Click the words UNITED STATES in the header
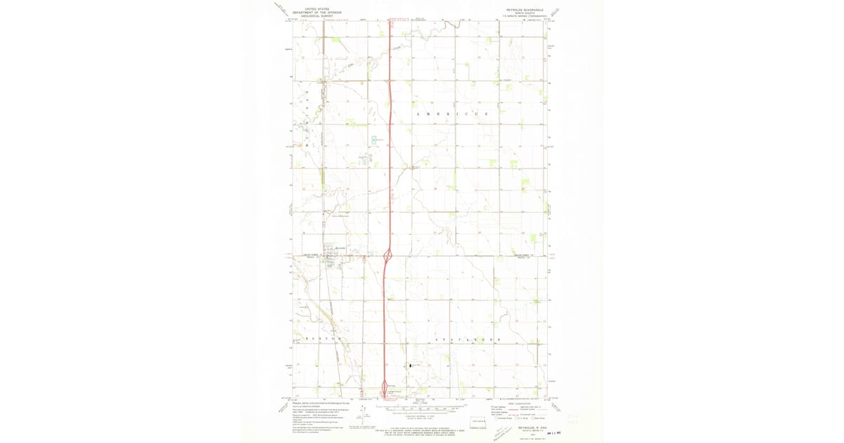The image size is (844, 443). tap(316, 9)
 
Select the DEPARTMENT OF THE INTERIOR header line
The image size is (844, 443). tap(316, 13)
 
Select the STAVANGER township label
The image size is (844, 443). tap(468, 340)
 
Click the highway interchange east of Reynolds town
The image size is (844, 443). tap(388, 257)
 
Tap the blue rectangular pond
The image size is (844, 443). tap(373, 141)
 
